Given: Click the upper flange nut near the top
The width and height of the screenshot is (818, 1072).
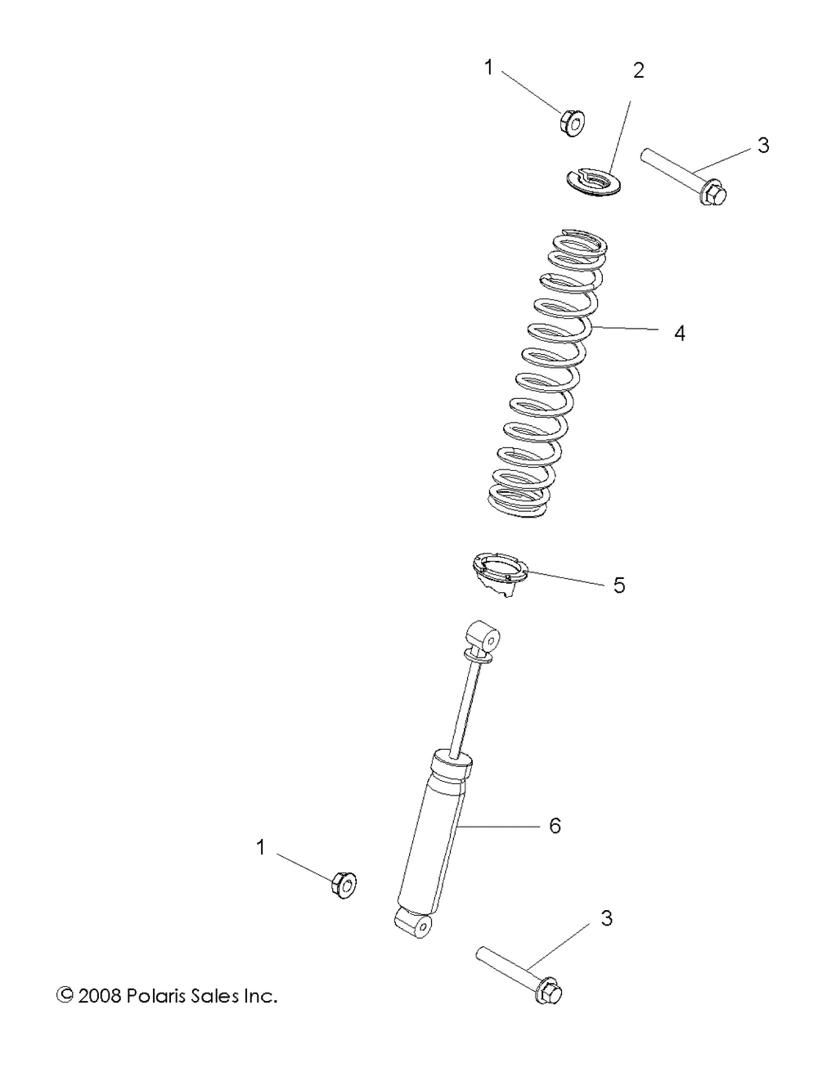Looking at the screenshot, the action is pyautogui.click(x=572, y=123).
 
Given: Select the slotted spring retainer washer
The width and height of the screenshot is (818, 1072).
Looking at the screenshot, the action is pyautogui.click(x=591, y=182).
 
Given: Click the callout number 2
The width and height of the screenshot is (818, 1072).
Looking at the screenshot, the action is pyautogui.click(x=638, y=71).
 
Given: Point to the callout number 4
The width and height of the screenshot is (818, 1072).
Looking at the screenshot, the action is pyautogui.click(x=680, y=334).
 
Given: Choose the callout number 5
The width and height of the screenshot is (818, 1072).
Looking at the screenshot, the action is pyautogui.click(x=618, y=585).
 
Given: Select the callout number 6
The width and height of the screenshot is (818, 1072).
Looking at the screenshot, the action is pyautogui.click(x=555, y=825).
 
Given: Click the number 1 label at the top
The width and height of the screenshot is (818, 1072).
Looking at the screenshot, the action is pyautogui.click(x=489, y=68).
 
